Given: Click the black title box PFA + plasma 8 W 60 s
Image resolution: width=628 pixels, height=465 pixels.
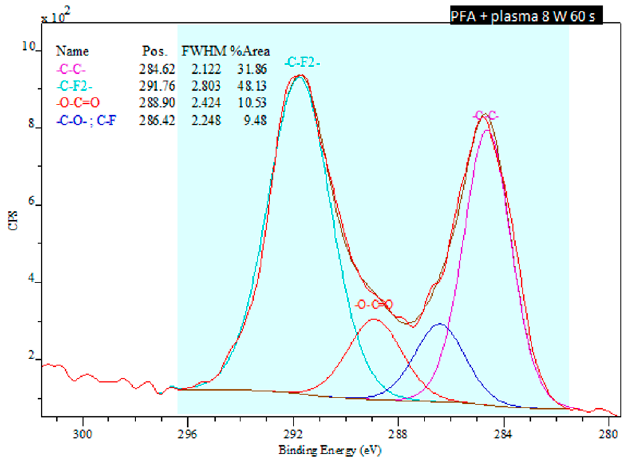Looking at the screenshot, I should pos(526,16).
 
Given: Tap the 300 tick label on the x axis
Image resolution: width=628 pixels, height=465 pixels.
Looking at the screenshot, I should pos(83,434).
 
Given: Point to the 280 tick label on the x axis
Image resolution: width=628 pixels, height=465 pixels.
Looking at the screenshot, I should pos(609,434).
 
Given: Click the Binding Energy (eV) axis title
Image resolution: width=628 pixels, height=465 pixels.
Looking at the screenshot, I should pos(330,450).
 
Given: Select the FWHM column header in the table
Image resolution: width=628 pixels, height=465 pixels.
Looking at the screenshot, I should pos(204,51).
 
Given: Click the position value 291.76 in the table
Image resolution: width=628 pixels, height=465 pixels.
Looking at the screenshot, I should pos(157,86).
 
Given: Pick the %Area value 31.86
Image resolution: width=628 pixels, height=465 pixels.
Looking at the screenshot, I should pos(252,69).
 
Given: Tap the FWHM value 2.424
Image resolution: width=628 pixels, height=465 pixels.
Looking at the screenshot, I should pos(206,103).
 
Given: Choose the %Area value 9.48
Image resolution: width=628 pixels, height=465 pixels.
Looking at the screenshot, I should pos(255,120).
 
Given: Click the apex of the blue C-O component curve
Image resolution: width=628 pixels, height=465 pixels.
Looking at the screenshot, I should pos(440,324).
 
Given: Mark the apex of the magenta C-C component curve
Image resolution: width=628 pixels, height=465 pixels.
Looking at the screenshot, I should pos(487,130).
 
